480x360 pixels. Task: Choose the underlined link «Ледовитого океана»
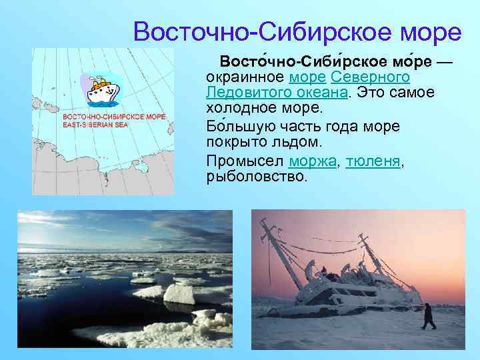coord(276,93)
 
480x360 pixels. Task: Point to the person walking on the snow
coord(428,315)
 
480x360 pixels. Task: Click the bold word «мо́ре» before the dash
coord(409,61)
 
